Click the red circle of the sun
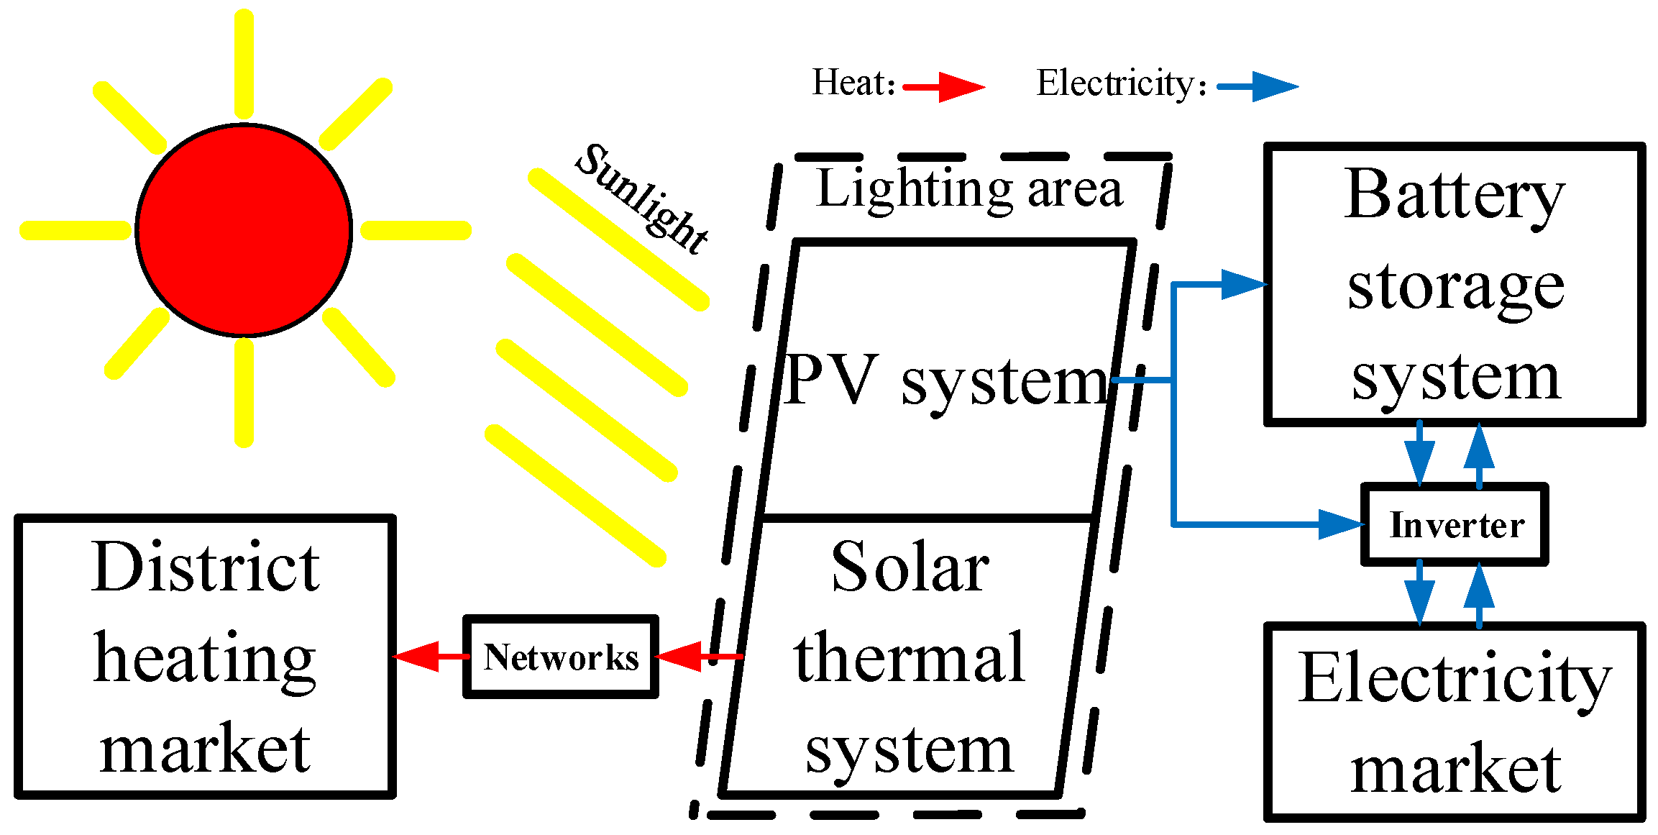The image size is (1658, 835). [x=244, y=230]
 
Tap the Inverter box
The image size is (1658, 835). [x=1455, y=524]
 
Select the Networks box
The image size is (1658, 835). [x=561, y=657]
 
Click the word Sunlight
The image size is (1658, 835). [x=642, y=199]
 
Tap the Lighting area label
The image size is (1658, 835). [x=969, y=189]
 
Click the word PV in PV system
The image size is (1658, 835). [x=831, y=380]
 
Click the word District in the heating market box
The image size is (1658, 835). [x=206, y=568]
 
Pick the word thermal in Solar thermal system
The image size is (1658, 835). [x=910, y=657]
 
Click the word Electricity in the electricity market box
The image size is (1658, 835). [x=1454, y=680]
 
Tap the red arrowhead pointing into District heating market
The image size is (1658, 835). [x=417, y=656]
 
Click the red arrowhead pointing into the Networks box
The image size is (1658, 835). [x=679, y=656]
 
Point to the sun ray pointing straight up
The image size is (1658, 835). [x=244, y=63]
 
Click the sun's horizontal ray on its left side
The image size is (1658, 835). [x=75, y=230]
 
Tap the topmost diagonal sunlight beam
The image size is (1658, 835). [x=618, y=239]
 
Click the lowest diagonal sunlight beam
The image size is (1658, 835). [x=575, y=496]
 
